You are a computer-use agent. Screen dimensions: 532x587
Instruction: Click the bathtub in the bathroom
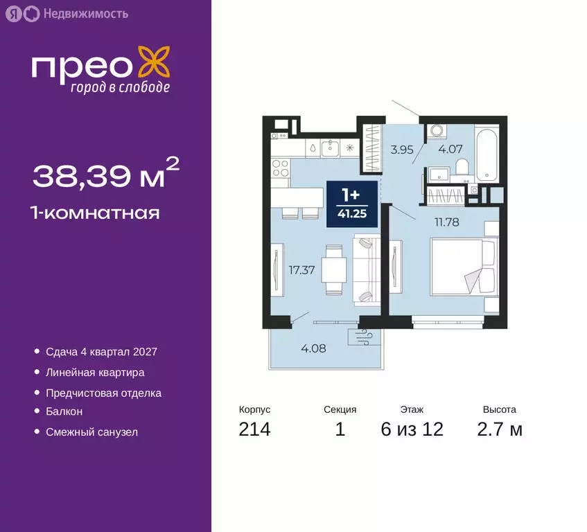point(487,154)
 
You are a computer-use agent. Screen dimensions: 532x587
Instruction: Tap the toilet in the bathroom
point(462,167)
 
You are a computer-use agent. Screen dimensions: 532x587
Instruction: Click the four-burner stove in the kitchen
point(281,168)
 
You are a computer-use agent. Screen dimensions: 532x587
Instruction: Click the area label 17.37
point(302,270)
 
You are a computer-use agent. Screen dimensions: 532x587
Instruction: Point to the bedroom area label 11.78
point(447,222)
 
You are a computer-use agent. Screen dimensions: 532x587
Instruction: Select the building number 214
point(254,429)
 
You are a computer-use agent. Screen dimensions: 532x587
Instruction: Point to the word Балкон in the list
point(64,411)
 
